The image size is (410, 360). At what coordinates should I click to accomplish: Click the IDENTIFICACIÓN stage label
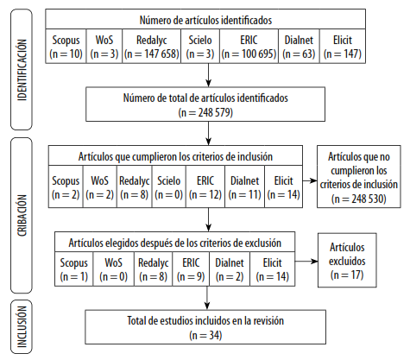pyautogui.click(x=22, y=70)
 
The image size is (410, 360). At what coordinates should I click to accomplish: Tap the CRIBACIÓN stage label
pyautogui.click(x=22, y=215)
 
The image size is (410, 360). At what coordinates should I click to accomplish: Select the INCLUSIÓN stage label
pyautogui.click(x=22, y=327)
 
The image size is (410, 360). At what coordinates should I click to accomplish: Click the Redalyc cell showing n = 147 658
pyautogui.click(x=152, y=47)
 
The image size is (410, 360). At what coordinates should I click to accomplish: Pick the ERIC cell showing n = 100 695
pyautogui.click(x=249, y=47)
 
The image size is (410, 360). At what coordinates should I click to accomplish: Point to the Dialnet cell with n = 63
pyautogui.click(x=299, y=47)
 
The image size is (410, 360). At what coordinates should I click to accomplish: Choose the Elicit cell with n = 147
pyautogui.click(x=343, y=47)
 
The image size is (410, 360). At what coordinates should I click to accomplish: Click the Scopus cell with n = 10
pyautogui.click(x=66, y=47)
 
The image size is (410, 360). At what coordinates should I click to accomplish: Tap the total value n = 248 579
pyautogui.click(x=205, y=112)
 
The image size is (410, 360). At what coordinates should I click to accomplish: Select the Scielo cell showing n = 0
pyautogui.click(x=169, y=186)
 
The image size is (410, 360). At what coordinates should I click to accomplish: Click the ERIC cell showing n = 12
pyautogui.click(x=205, y=186)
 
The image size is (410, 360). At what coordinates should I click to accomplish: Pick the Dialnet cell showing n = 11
pyautogui.click(x=244, y=186)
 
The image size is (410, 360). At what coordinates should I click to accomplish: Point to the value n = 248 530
pyautogui.click(x=359, y=199)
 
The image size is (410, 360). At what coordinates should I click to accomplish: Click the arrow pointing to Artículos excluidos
pyautogui.click(x=306, y=262)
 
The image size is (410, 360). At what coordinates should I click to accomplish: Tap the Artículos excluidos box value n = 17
pyautogui.click(x=347, y=275)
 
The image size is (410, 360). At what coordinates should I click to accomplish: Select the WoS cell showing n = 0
pyautogui.click(x=113, y=269)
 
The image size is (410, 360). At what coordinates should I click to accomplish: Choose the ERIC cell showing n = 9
pyautogui.click(x=191, y=269)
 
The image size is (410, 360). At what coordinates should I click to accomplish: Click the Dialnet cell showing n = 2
pyautogui.click(x=230, y=269)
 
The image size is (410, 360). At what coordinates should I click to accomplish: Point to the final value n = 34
pyautogui.click(x=205, y=335)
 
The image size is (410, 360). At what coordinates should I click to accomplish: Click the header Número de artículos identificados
pyautogui.click(x=205, y=20)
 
